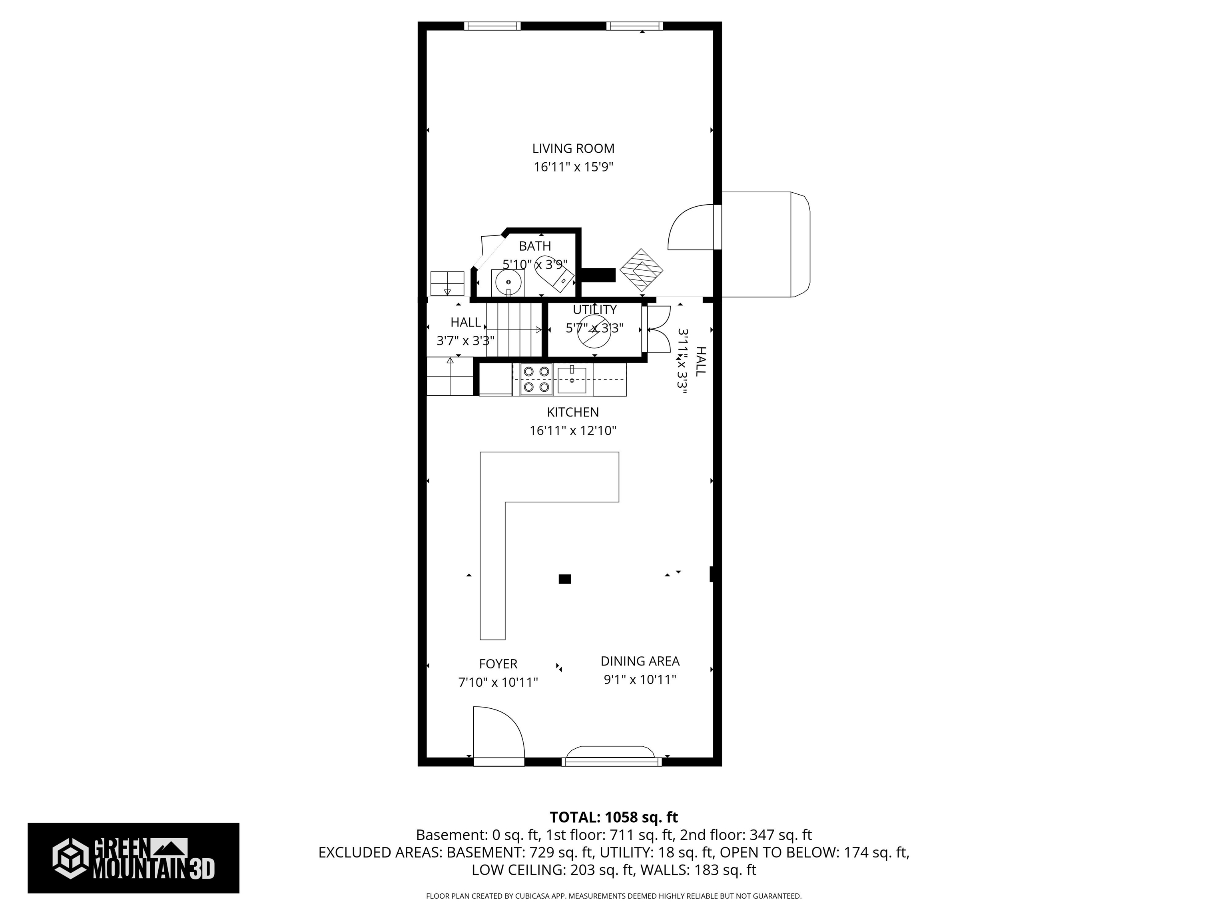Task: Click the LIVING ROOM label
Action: tap(573, 148)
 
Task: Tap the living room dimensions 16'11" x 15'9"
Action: tap(573, 167)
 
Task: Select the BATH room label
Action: tap(534, 246)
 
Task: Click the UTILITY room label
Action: tap(594, 310)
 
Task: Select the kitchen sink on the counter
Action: tap(572, 380)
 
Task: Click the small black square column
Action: tap(564, 580)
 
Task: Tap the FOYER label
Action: tap(498, 664)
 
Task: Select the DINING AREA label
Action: tap(640, 661)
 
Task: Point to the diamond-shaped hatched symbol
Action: tap(641, 270)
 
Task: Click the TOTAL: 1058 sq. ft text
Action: tap(614, 817)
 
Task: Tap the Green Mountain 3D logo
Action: tap(133, 858)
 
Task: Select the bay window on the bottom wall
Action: tap(611, 755)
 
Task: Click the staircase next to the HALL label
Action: tap(514, 330)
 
